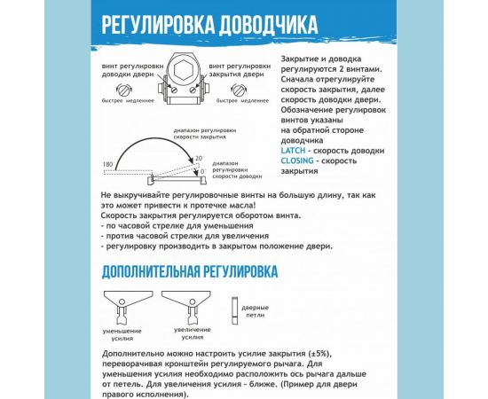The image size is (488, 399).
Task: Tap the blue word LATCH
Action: [292, 151]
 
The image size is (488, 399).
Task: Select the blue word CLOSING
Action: [297, 161]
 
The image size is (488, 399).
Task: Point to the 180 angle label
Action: [107, 165]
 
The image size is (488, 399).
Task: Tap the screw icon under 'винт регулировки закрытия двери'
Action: [240, 88]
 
